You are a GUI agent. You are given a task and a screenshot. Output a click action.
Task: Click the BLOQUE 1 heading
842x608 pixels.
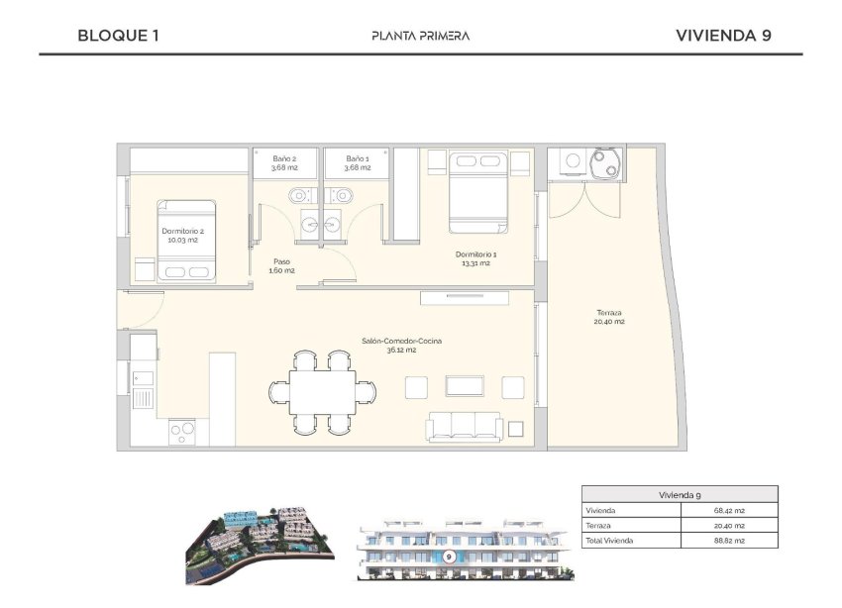tap(118, 36)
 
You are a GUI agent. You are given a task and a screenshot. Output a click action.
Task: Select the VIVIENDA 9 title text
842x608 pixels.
tap(723, 36)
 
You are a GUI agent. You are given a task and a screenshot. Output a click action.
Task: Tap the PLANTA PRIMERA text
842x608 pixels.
tap(420, 36)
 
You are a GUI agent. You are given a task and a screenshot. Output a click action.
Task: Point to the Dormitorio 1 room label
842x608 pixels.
tap(475, 258)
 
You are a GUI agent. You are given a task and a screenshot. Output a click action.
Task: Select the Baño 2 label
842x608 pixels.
tap(284, 162)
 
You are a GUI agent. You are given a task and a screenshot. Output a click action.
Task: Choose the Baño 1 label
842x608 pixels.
tap(358, 162)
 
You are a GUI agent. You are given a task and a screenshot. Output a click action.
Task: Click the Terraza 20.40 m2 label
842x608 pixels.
tap(608, 316)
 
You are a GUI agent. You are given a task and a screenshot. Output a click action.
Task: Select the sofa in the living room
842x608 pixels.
tap(465, 426)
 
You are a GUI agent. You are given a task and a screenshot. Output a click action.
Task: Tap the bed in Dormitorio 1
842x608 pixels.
tap(478, 190)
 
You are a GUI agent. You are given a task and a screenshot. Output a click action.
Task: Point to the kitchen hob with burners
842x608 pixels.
tap(182, 432)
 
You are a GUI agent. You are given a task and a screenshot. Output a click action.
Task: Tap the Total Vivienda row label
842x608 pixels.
tap(609, 541)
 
